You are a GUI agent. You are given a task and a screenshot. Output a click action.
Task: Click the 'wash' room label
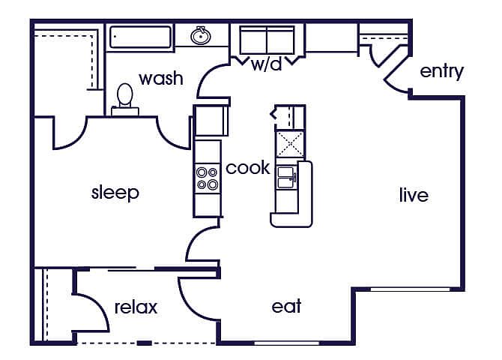click(161, 78)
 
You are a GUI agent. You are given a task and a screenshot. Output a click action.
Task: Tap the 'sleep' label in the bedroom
click(115, 192)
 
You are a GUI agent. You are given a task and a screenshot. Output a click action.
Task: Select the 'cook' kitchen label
click(248, 167)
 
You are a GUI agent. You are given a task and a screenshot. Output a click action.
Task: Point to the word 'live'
click(414, 195)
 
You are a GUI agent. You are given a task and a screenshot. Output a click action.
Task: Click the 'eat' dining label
click(286, 306)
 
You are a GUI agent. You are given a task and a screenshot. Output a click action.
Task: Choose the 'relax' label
click(136, 307)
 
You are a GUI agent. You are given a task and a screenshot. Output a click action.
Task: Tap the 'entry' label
click(441, 71)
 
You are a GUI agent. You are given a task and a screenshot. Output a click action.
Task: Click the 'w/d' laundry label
click(266, 64)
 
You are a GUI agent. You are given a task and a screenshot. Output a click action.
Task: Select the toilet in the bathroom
click(125, 99)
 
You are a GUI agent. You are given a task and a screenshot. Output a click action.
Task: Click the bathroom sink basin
click(200, 35)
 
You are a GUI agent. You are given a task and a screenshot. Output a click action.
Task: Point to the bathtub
click(140, 37)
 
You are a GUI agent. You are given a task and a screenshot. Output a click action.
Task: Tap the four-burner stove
click(208, 178)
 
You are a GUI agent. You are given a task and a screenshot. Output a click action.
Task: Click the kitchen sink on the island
click(286, 177)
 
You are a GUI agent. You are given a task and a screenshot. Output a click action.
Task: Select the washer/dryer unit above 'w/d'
click(267, 39)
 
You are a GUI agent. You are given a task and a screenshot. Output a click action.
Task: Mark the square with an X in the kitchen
click(290, 143)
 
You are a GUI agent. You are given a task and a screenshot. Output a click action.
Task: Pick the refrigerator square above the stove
click(210, 120)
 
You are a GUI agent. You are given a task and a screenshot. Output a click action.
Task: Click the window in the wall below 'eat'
click(286, 343)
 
